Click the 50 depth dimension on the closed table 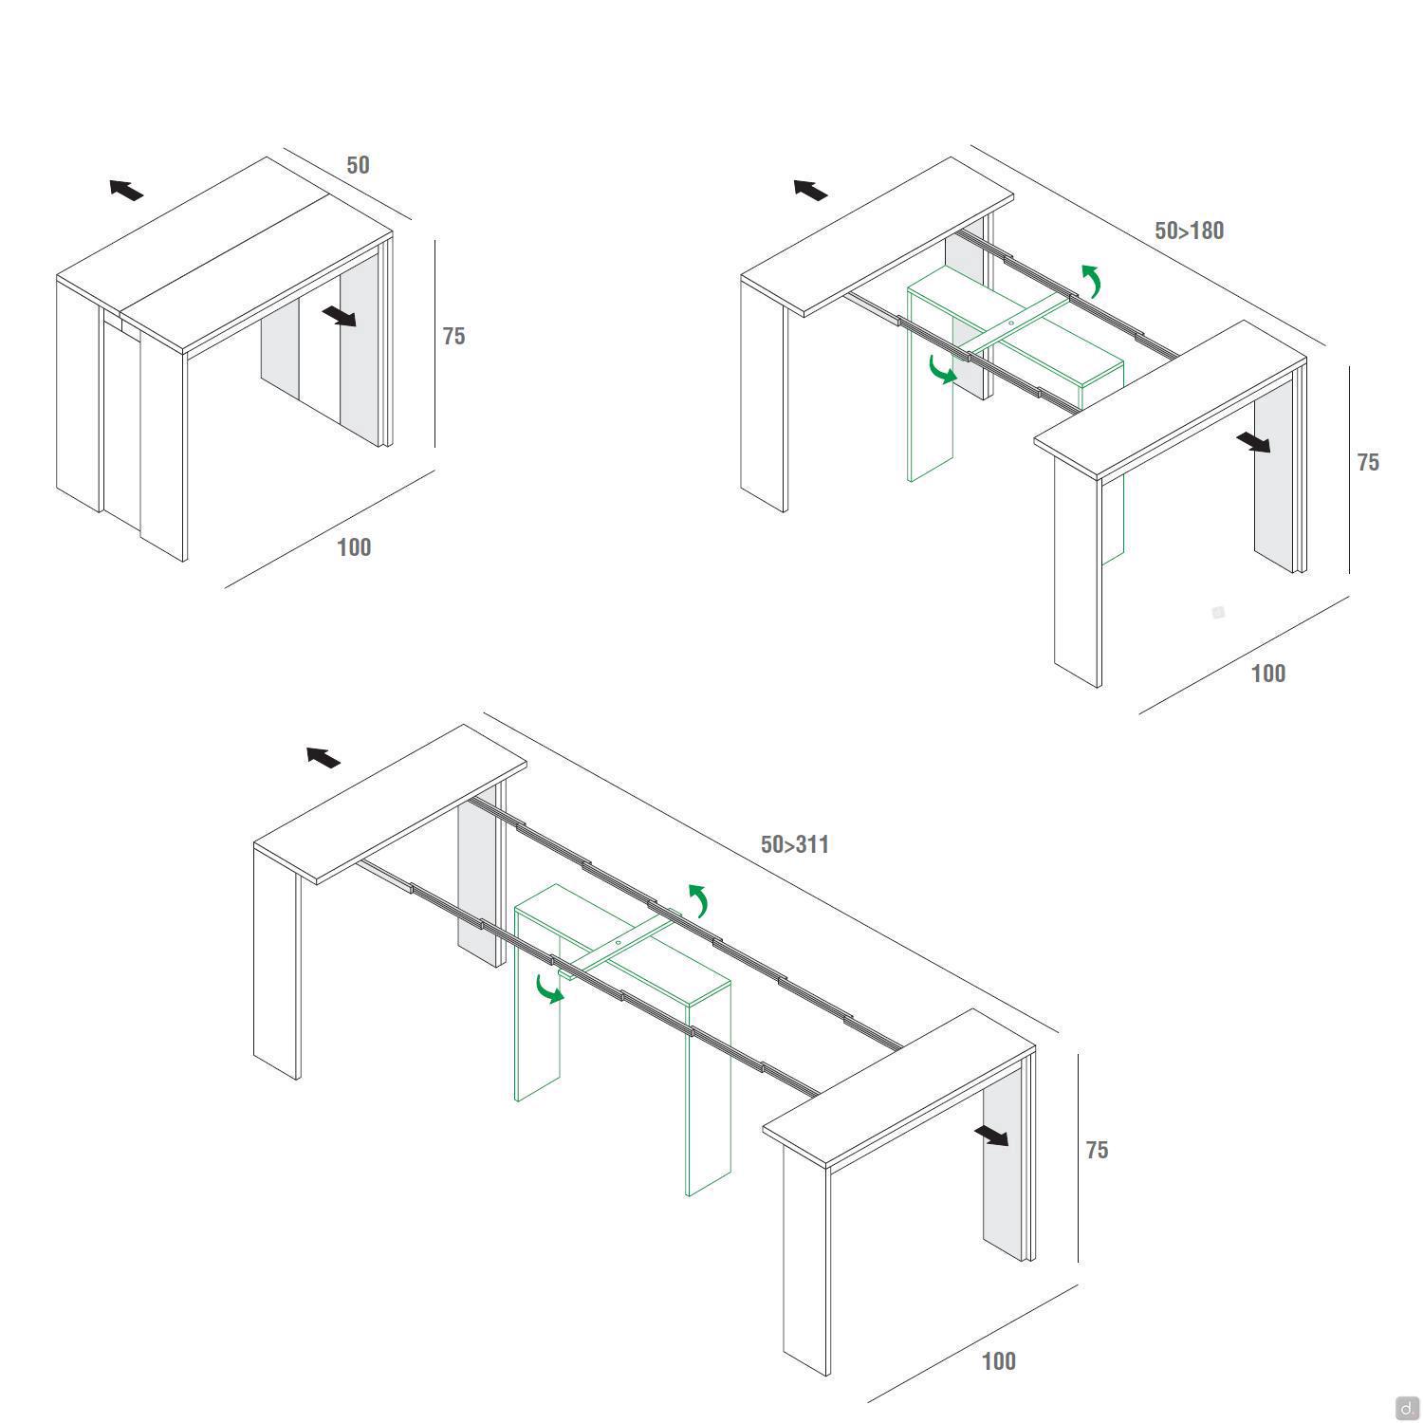358,165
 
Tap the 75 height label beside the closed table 453,336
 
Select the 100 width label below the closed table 354,547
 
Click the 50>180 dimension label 1189,231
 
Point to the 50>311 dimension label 795,844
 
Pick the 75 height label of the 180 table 1368,462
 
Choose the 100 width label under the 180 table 1268,674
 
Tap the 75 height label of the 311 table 1097,1150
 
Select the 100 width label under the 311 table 998,1361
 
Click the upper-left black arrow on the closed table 126,190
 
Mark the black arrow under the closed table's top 339,316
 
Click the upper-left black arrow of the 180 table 810,190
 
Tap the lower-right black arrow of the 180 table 1253,442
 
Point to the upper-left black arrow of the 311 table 323,757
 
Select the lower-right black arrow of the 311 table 991,1136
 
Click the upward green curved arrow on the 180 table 1095,279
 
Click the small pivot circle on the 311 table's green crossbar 618,943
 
